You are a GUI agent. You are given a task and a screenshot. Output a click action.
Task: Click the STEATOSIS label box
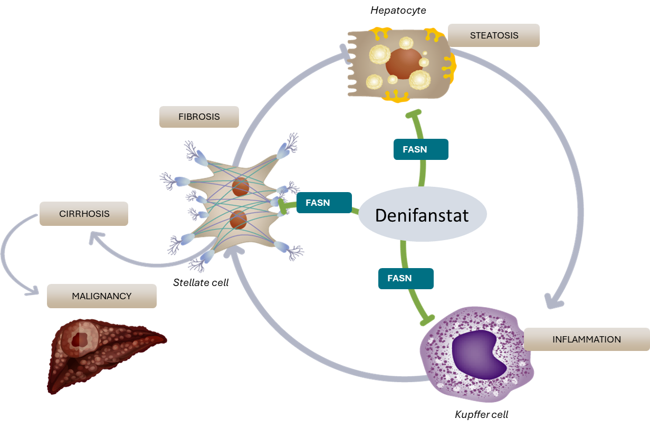[x=493, y=35]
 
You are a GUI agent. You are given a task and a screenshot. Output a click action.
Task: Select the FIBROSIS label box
[x=199, y=117]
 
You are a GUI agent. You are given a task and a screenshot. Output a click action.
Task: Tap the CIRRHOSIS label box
[x=84, y=214]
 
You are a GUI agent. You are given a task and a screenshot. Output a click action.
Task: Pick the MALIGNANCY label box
[x=101, y=296]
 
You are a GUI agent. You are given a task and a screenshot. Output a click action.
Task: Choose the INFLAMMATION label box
[x=586, y=339]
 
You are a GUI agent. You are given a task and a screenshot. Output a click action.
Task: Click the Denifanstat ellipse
[x=422, y=215]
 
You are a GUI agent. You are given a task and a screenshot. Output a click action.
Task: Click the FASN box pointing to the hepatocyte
[x=421, y=149]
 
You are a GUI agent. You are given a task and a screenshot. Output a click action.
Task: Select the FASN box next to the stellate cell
[x=323, y=203]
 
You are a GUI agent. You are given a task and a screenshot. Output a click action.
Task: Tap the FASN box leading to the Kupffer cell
[x=406, y=278]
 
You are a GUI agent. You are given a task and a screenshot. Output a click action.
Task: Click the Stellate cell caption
[x=200, y=283]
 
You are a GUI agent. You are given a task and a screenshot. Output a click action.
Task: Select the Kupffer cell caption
[x=481, y=414]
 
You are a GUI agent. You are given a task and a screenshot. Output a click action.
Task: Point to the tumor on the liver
[x=80, y=338]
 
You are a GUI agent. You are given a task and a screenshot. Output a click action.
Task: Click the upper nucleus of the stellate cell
[x=241, y=186]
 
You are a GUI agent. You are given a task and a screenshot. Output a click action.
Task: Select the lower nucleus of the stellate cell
[x=238, y=219]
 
